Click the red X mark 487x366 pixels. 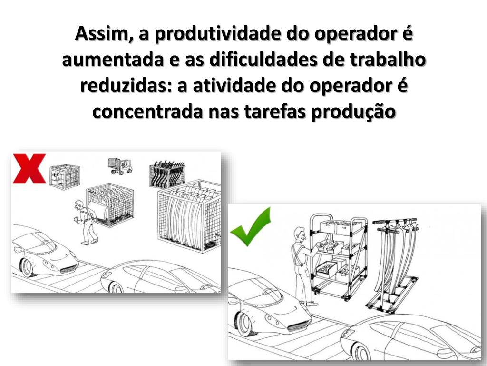tap(29, 168)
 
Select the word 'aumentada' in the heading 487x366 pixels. tap(113, 60)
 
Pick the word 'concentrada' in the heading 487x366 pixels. tap(147, 112)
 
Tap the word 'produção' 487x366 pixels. tap(353, 112)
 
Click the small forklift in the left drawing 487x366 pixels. tap(120, 166)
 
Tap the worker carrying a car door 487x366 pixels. tap(85, 222)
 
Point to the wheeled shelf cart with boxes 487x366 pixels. tap(339, 256)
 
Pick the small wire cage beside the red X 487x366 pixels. tap(65, 176)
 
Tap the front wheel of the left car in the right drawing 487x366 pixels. tap(243, 324)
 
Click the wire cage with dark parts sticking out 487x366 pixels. tap(167, 174)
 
